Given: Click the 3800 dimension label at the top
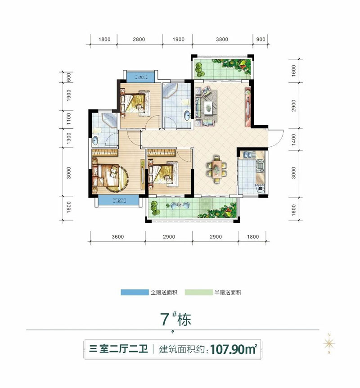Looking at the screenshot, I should tap(222, 40).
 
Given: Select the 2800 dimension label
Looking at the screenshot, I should tap(139, 40).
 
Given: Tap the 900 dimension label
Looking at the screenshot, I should tap(261, 40).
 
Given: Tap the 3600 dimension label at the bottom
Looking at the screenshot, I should tap(117, 237).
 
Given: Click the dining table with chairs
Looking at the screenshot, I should tap(216, 168).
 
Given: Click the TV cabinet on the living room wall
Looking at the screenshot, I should tap(247, 108).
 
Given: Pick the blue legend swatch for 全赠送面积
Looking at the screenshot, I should tap(134, 293).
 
